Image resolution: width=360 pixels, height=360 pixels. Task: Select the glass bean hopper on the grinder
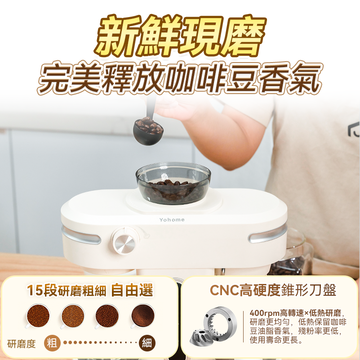point(173,184)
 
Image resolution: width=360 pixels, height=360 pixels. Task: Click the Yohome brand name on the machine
point(172,220)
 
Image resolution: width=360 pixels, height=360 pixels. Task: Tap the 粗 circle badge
point(53,343)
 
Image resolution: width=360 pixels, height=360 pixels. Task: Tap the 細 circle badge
point(147,343)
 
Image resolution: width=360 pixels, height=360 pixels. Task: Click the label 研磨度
point(22,344)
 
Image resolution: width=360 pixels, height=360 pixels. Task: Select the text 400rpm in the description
point(264,313)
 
